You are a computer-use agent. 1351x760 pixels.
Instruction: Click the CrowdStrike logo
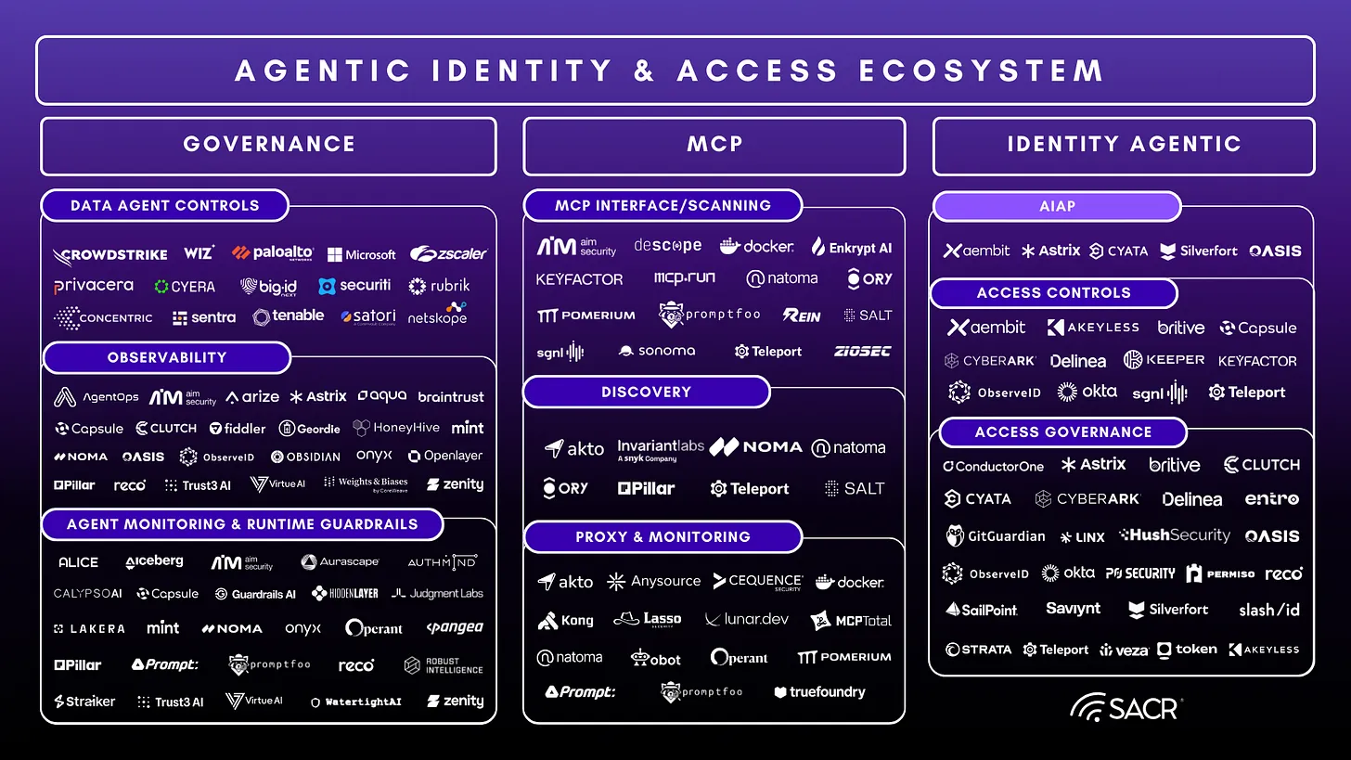[x=110, y=254]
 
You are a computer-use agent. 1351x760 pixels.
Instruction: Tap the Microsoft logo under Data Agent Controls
[x=362, y=254]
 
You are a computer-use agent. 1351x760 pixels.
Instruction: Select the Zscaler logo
[x=448, y=253]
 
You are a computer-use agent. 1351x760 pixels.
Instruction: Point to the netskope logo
[x=438, y=315]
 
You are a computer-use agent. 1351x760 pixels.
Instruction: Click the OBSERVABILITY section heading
[x=167, y=357]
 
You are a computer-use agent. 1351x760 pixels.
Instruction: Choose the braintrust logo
[x=451, y=396]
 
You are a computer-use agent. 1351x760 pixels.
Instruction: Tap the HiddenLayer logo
[x=345, y=593]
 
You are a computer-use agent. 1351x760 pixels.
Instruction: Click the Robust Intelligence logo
[x=444, y=665]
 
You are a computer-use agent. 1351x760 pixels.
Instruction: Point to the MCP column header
[x=714, y=145]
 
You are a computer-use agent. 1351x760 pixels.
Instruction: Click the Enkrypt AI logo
[x=852, y=247]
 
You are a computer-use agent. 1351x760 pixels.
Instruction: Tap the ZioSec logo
[x=862, y=351]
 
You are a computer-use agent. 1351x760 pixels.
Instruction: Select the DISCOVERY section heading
[x=647, y=392]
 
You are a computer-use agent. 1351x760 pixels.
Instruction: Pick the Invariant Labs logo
[x=661, y=450]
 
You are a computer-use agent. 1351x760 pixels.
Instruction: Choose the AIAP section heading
[x=1057, y=206]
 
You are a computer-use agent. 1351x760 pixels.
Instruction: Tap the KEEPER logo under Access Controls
[x=1164, y=359]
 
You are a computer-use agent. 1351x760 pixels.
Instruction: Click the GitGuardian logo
[x=996, y=535]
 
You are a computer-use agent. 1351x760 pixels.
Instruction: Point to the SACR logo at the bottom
[x=1126, y=708]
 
